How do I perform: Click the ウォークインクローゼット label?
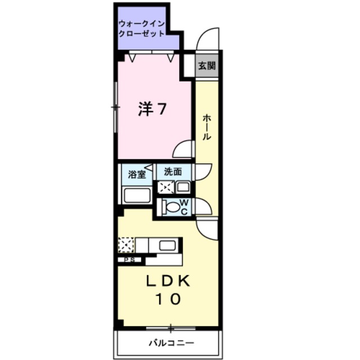(142, 28)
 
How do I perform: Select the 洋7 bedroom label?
(152, 109)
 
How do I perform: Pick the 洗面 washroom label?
(173, 171)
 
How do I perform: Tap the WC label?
(184, 206)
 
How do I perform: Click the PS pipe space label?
(129, 260)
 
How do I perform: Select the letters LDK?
(168, 281)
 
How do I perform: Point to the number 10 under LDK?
(168, 299)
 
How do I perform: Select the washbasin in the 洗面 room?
(183, 187)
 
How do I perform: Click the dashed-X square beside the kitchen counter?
(127, 245)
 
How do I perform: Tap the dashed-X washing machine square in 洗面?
(165, 187)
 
